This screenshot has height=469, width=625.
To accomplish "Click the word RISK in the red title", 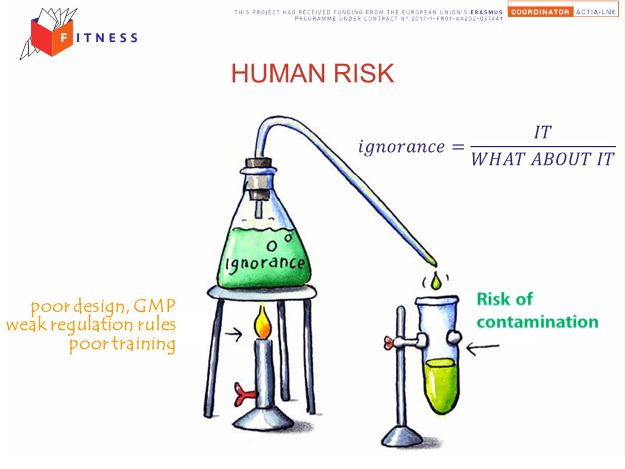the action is point(364,73).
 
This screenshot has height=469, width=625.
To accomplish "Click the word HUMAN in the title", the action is point(278,73).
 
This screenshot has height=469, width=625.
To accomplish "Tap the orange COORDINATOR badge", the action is point(540,12).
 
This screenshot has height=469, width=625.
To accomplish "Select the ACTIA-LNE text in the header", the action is point(596,12).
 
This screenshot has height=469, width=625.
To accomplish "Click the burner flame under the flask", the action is point(262,322).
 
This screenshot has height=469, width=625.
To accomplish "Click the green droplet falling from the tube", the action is point(435,280).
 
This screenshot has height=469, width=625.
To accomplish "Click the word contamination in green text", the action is point(537,322).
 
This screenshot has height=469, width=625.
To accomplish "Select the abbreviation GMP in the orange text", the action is point(155,306).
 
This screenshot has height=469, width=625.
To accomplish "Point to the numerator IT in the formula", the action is point(543,132).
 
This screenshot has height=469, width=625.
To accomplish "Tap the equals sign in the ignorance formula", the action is point(458,147).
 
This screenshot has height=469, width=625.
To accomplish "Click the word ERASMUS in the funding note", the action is point(486,12).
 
